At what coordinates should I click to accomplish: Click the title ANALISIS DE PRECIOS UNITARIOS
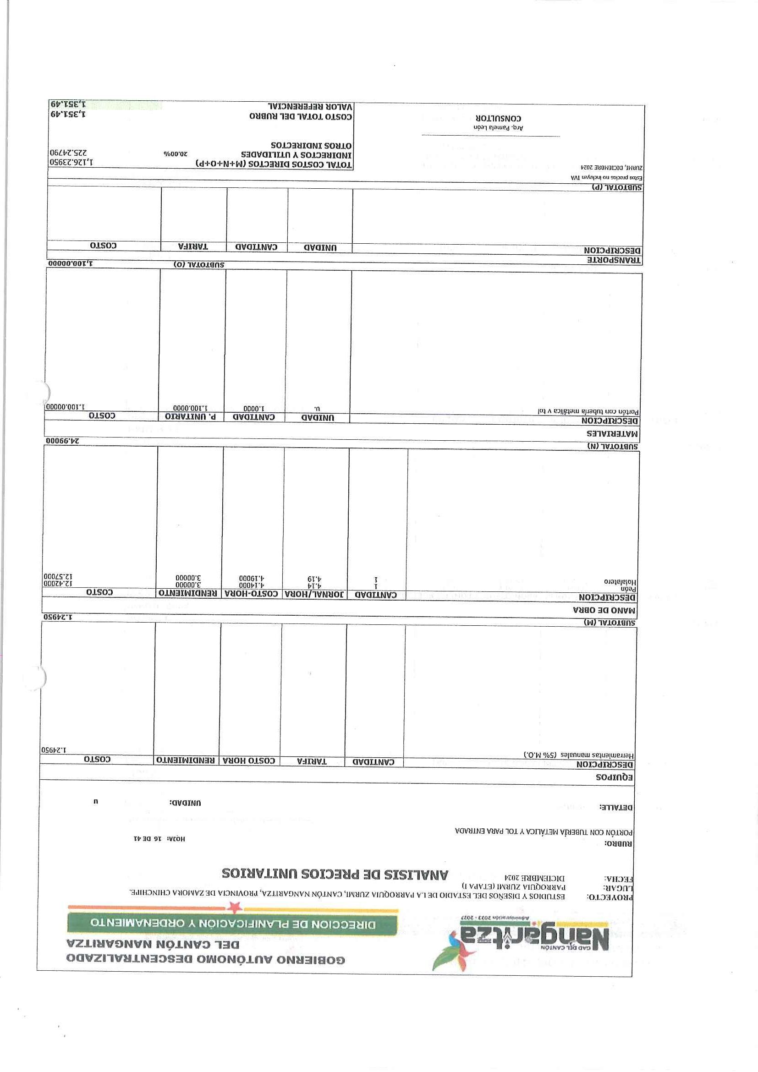pyautogui.click(x=335, y=874)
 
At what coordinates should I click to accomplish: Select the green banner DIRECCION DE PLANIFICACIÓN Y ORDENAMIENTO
pyautogui.click(x=233, y=924)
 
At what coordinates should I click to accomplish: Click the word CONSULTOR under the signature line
pyautogui.click(x=499, y=119)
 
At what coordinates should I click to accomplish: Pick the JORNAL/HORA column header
pyautogui.click(x=316, y=594)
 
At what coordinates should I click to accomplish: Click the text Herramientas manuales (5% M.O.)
pyautogui.click(x=578, y=754)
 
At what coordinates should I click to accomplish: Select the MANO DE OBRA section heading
pyautogui.click(x=605, y=610)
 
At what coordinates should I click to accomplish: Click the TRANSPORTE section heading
pyautogui.click(x=614, y=260)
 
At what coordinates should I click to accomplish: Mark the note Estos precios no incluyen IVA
pyautogui.click(x=607, y=177)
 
